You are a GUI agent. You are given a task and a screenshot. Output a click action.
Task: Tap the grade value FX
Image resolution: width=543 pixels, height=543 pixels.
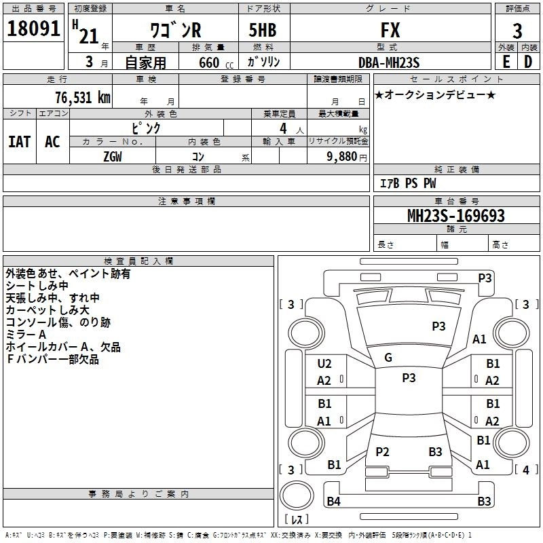[x=390, y=31]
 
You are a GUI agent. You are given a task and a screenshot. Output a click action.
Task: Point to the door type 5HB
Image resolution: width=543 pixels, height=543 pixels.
[x=262, y=31]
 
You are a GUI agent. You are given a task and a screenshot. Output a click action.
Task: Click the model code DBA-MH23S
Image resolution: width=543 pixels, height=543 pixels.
[x=389, y=62]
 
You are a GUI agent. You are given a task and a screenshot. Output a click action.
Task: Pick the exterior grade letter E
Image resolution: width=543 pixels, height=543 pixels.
[x=506, y=62]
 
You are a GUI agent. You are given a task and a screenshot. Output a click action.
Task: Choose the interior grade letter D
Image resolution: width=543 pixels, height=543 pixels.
[x=528, y=62]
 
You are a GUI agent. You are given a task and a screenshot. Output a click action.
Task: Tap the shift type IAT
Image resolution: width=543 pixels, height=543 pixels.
[x=19, y=141]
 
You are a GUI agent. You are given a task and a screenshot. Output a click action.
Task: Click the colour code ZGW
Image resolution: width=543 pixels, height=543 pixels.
[x=113, y=156]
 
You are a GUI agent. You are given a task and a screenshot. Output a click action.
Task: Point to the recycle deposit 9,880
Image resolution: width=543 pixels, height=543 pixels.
[x=346, y=156]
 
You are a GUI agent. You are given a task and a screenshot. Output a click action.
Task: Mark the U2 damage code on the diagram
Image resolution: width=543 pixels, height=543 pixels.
[x=324, y=364]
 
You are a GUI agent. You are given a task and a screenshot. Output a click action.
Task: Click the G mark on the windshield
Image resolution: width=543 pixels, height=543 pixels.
[x=388, y=358]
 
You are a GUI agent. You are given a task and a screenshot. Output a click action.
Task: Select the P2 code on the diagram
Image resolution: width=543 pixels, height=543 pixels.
[x=382, y=452]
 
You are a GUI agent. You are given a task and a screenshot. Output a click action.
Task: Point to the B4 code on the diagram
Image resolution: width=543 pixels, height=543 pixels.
[x=333, y=502]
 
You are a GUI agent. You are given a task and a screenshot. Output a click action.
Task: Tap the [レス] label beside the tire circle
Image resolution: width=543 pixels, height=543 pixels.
[x=297, y=520]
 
